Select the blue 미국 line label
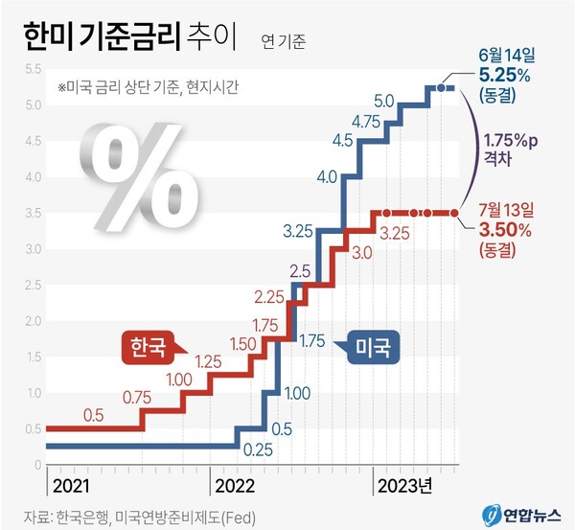click(x=371, y=345)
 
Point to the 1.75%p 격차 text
click(x=511, y=150)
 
